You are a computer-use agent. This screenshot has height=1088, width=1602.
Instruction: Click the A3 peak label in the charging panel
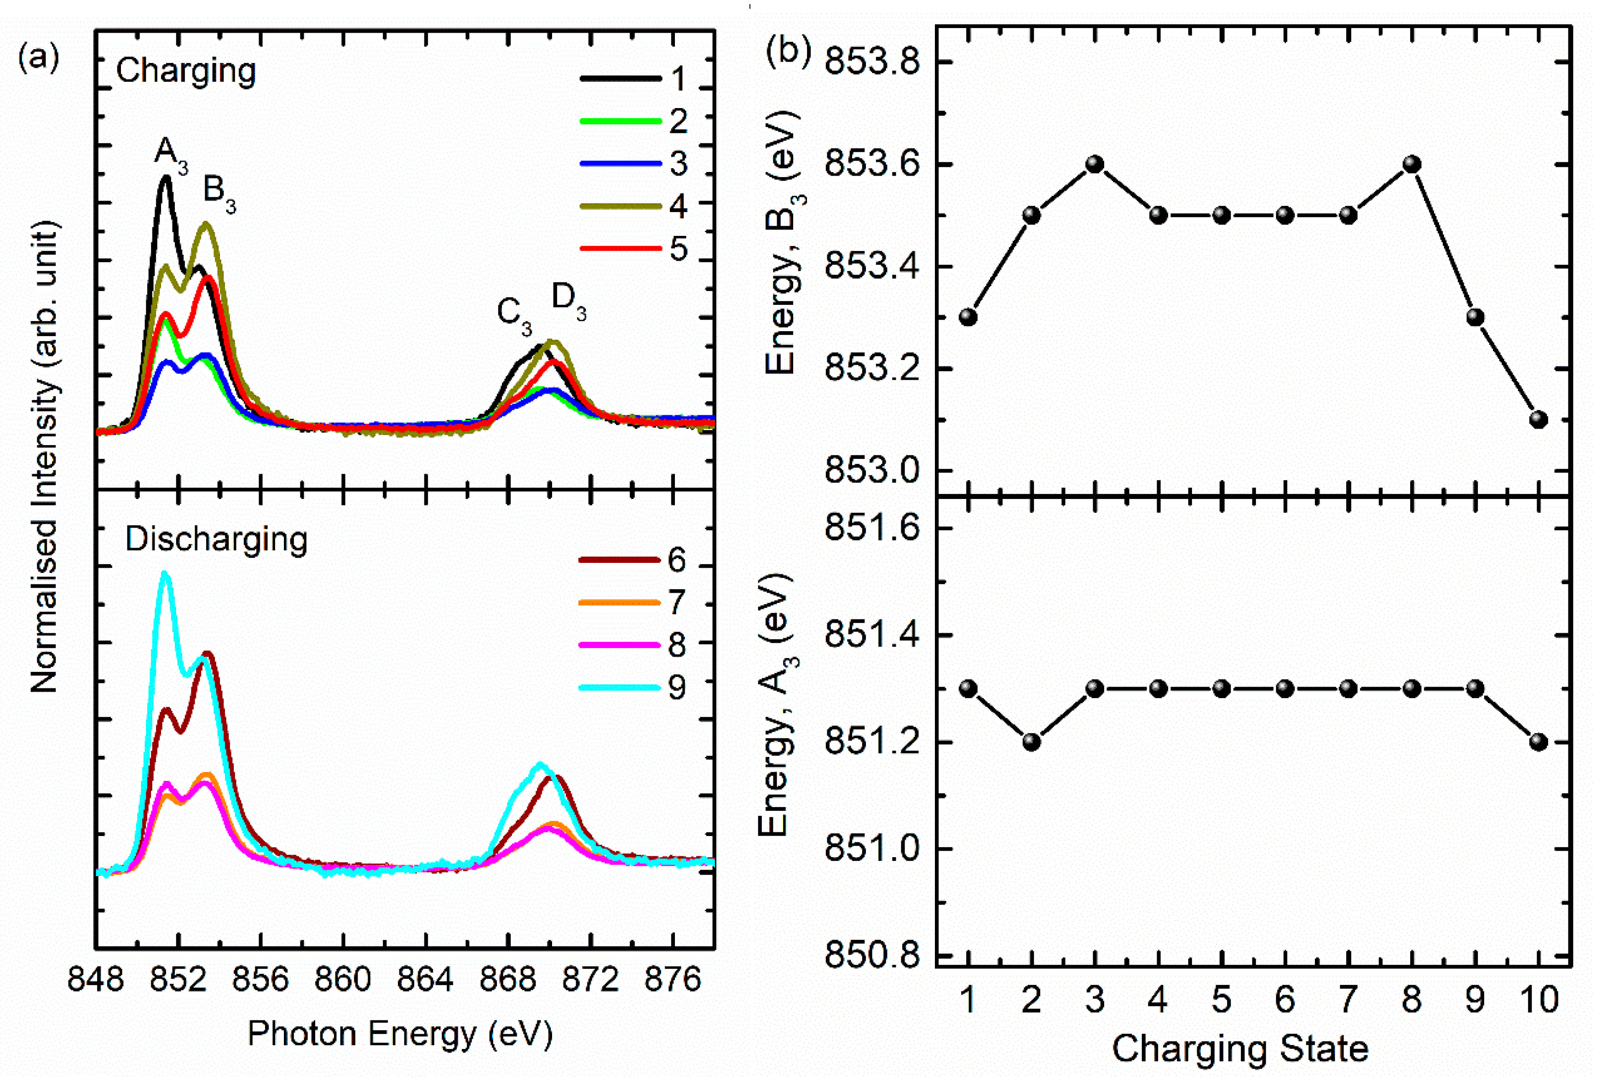pos(170,153)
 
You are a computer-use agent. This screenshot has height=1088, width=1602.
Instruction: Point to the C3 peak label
pos(513,314)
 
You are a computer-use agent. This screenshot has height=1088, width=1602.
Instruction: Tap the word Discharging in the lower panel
pos(216,539)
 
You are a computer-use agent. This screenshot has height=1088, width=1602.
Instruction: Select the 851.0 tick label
pos(872,849)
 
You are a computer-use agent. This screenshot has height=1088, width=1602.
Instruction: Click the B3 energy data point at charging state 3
pos(1095,165)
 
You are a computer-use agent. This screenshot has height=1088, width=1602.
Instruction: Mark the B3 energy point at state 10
pos(1539,419)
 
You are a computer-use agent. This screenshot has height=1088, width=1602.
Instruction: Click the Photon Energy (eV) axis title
pos(400,1034)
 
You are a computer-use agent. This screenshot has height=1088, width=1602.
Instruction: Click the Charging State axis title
pos(1239,1049)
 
